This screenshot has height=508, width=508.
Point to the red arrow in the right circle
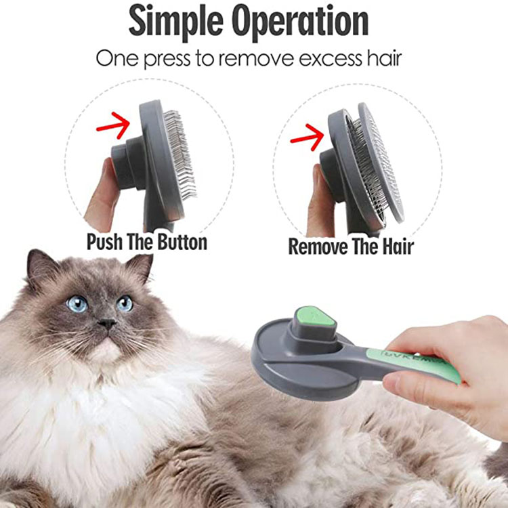(x=307, y=137)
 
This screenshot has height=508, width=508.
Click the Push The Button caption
(x=146, y=242)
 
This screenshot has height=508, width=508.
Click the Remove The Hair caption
(x=351, y=246)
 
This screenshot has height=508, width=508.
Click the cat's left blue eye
(x=77, y=303)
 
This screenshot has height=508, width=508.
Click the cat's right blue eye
(x=125, y=303)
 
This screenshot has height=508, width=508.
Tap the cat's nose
(x=106, y=324)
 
